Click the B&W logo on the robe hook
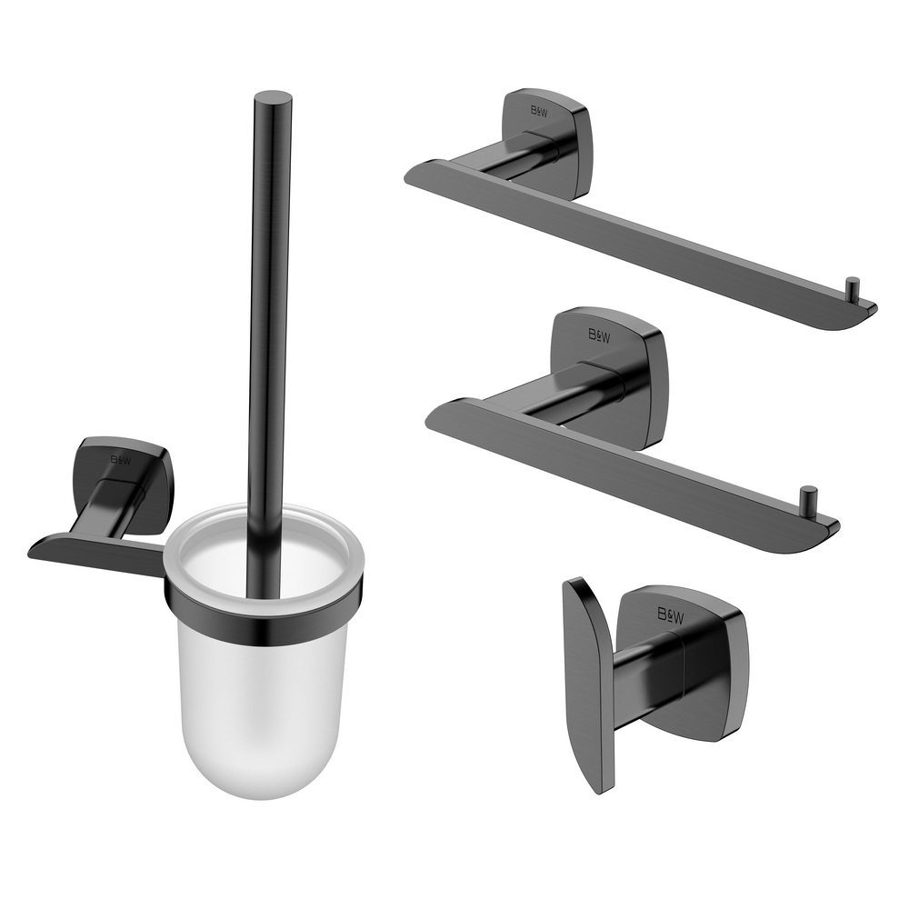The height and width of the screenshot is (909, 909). [670, 615]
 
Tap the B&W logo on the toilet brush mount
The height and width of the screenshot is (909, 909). [121, 460]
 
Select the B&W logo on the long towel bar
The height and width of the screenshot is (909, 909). [538, 111]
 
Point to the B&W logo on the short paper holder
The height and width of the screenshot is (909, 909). [599, 335]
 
